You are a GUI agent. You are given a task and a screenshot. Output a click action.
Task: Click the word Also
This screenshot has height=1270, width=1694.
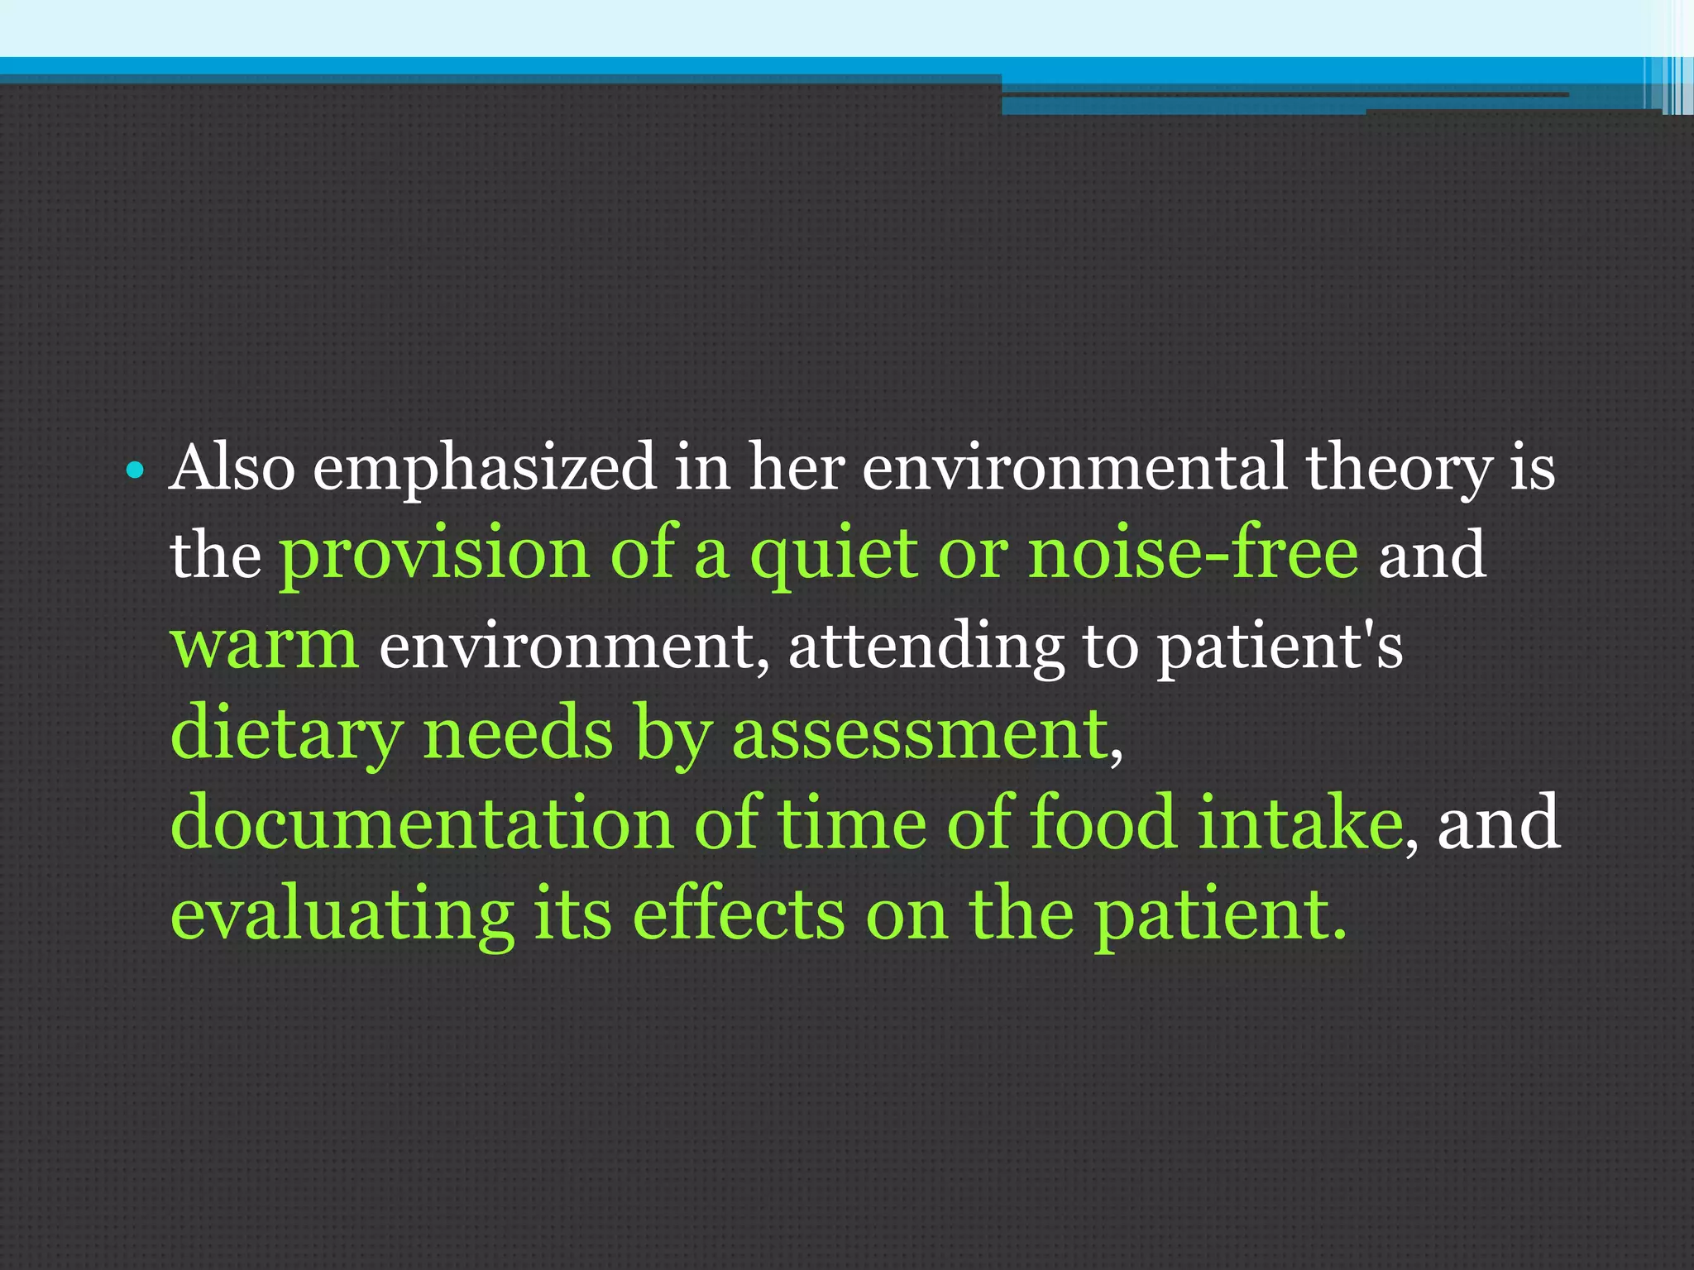point(232,468)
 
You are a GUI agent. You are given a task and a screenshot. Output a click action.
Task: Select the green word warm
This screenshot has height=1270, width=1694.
point(264,645)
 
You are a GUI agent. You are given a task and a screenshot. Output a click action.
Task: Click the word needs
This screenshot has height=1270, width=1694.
point(518,734)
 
